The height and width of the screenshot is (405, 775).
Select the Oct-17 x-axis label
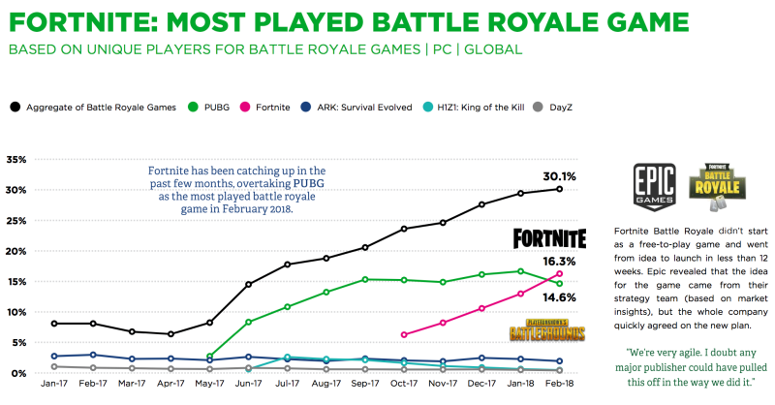coord(403,385)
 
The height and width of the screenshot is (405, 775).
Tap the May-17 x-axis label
coord(208,385)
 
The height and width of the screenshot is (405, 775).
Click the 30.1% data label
coord(560,176)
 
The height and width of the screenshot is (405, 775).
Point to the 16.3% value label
coord(561,262)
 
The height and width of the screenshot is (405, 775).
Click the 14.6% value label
coord(561,298)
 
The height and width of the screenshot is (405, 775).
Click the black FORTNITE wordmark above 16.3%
coord(549,238)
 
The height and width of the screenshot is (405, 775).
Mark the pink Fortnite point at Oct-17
coord(404,334)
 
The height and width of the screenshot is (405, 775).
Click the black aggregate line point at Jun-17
coord(249,284)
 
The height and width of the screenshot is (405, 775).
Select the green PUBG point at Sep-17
coord(365,279)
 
